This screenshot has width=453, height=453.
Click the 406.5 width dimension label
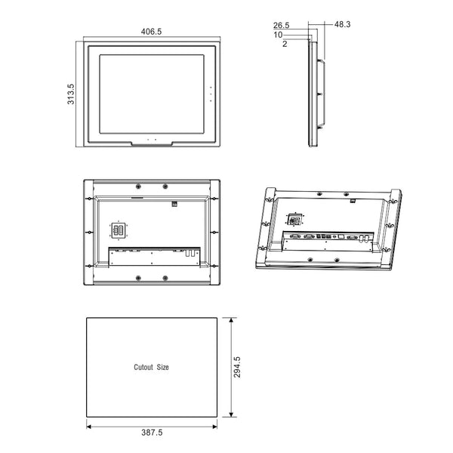pyautogui.click(x=152, y=32)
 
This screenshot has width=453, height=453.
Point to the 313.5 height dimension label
pyautogui.click(x=71, y=95)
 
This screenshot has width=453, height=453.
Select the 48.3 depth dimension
pyautogui.click(x=342, y=25)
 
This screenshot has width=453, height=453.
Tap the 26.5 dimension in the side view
pyautogui.click(x=282, y=25)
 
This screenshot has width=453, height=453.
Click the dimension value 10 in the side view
pyautogui.click(x=278, y=35)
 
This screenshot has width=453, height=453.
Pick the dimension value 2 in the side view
pyautogui.click(x=284, y=45)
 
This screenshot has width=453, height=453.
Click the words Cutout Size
pyautogui.click(x=152, y=367)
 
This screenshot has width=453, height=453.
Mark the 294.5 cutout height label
pyautogui.click(x=237, y=367)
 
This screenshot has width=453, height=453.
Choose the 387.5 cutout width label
pyautogui.click(x=152, y=433)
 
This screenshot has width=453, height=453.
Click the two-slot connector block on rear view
pyautogui.click(x=119, y=230)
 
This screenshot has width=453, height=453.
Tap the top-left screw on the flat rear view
pyautogui.click(x=139, y=185)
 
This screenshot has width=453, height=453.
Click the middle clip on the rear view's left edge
pyautogui.click(x=89, y=232)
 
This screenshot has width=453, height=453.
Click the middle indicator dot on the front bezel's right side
pyautogui.click(x=211, y=95)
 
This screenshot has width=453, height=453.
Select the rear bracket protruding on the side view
pyautogui.click(x=322, y=94)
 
